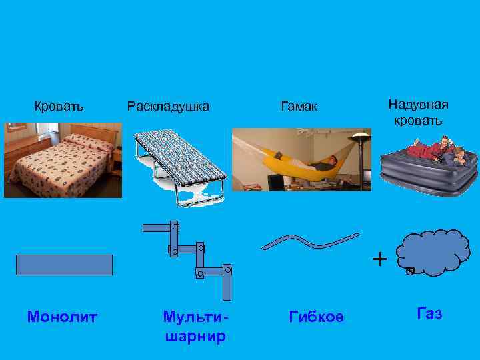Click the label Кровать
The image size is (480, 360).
click(x=59, y=106)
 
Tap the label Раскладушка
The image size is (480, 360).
click(x=168, y=106)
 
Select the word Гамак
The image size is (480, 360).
click(x=299, y=107)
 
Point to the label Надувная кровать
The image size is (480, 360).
click(x=418, y=112)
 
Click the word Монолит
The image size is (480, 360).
click(x=62, y=317)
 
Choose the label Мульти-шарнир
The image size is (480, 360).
click(x=195, y=326)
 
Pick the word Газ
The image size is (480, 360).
click(x=429, y=313)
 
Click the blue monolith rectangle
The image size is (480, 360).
click(x=65, y=265)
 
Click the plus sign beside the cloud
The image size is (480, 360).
click(x=379, y=258)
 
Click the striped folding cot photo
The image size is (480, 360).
click(x=179, y=163)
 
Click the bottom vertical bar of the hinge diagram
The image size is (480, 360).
click(x=227, y=281)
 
